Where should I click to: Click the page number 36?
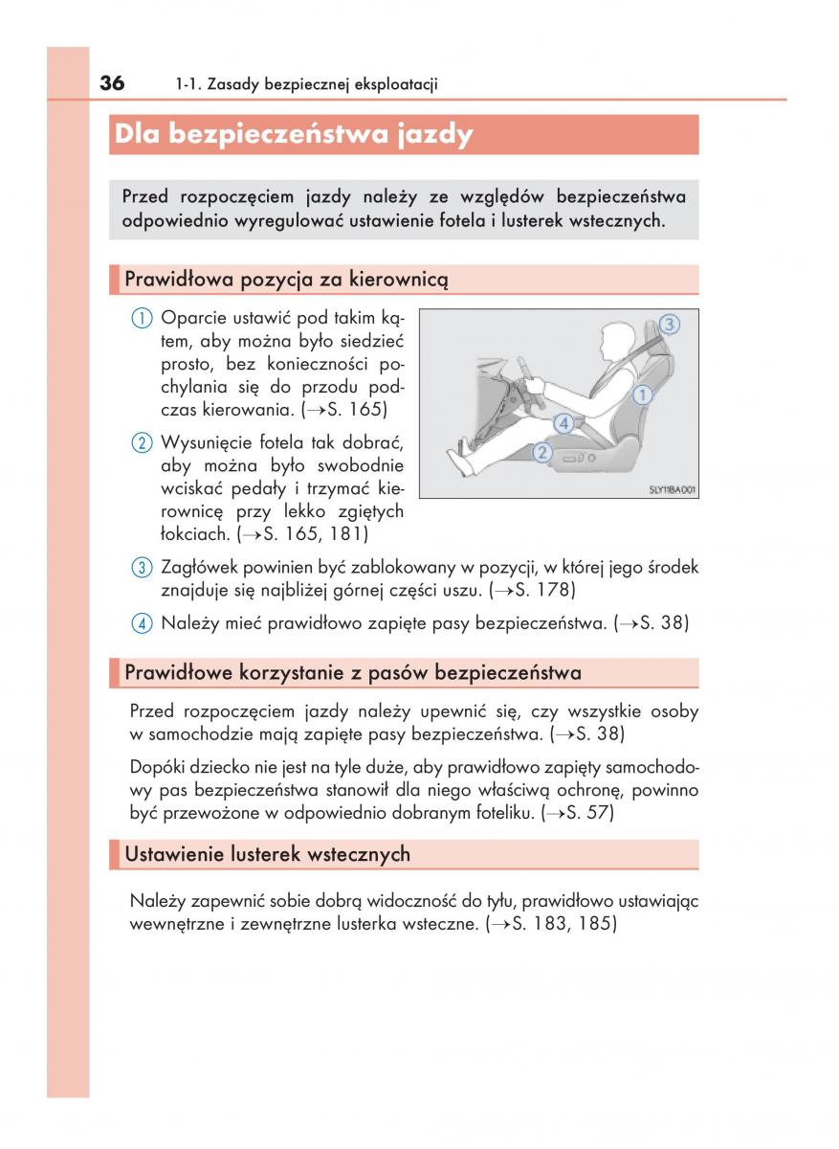(x=111, y=83)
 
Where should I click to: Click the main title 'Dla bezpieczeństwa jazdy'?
(x=293, y=135)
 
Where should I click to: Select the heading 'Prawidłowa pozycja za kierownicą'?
(x=285, y=280)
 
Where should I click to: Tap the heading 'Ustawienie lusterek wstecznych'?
(x=267, y=854)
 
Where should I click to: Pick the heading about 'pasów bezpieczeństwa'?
(x=352, y=673)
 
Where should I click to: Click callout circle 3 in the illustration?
(x=670, y=324)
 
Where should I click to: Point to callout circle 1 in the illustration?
(x=643, y=394)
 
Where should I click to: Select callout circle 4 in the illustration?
(x=563, y=421)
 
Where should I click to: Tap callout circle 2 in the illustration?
(x=542, y=452)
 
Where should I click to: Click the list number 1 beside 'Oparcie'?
(x=142, y=318)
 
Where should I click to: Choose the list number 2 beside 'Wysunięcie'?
(x=142, y=442)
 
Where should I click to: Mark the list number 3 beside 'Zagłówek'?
(x=142, y=568)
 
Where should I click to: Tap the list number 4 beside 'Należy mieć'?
(x=142, y=623)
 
